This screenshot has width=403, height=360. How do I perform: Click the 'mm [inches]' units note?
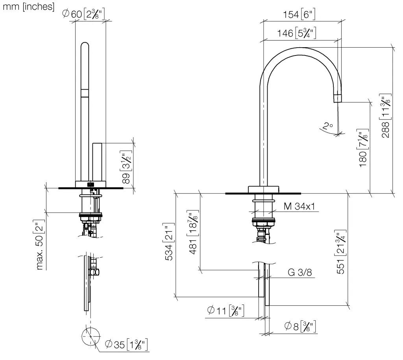click(28, 6)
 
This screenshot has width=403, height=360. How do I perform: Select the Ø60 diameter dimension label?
click(83, 14)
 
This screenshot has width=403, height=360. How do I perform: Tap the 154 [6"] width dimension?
click(299, 15)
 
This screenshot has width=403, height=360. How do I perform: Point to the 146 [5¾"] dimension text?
click(297, 33)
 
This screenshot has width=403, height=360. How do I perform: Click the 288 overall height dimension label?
click(385, 116)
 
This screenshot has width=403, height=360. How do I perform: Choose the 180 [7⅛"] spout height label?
click(363, 148)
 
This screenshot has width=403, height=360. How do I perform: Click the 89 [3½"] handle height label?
click(126, 167)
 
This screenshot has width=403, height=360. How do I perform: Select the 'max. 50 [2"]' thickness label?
click(39, 244)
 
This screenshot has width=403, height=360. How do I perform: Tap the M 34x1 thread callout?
click(299, 206)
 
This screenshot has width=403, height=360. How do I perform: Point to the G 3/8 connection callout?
click(300, 272)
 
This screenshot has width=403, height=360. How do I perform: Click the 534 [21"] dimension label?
click(169, 242)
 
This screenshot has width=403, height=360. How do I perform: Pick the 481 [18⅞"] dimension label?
click(193, 232)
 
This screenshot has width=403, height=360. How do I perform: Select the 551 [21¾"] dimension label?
click(340, 252)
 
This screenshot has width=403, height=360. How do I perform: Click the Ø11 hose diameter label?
click(226, 310)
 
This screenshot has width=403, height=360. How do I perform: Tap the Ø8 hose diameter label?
click(300, 326)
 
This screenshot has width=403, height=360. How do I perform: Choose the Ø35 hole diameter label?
click(126, 344)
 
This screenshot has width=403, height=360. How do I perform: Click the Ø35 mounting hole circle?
click(91, 337)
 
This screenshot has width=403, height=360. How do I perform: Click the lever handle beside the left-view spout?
click(97, 162)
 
